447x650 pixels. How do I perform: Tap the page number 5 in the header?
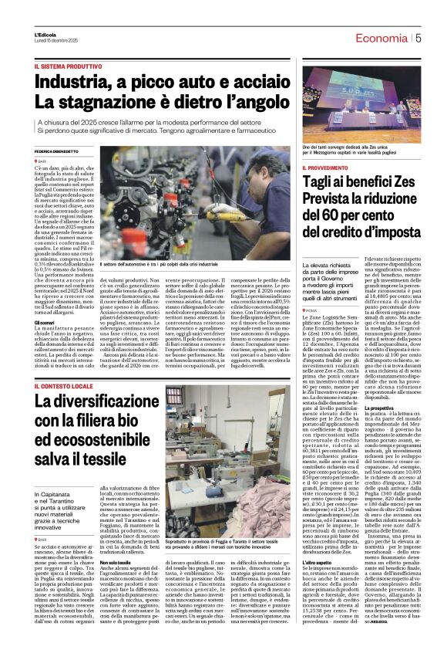point(418,38)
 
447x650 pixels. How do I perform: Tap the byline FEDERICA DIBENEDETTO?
point(59,152)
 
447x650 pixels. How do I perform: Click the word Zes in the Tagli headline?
point(397,182)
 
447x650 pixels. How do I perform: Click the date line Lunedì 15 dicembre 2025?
point(56,40)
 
